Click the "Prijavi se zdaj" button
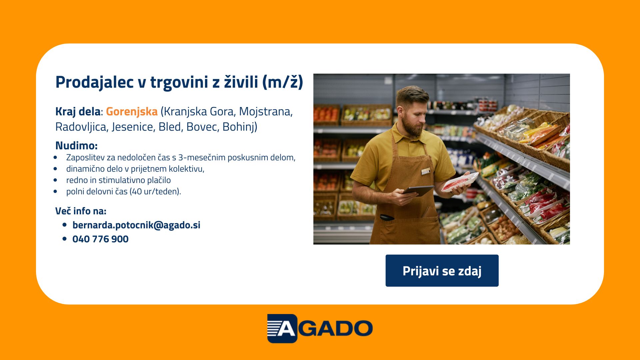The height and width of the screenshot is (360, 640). [x=442, y=271]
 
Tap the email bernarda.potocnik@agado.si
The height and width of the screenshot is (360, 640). [x=136, y=225]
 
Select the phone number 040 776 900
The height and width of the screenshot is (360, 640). [x=100, y=239]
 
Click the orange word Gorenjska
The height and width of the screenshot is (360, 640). [x=132, y=112]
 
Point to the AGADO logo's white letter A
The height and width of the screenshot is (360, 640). [x=286, y=329]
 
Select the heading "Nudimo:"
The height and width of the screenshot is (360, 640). [x=76, y=146]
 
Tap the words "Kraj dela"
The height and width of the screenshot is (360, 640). [x=78, y=112]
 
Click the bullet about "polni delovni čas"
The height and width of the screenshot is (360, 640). [x=123, y=191]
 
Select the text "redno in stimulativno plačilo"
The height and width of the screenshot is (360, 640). [x=118, y=180]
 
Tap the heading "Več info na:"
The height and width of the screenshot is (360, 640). [x=81, y=211]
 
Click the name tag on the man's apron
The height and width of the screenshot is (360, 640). [x=426, y=171]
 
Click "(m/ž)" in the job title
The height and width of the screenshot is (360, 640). [x=283, y=82]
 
